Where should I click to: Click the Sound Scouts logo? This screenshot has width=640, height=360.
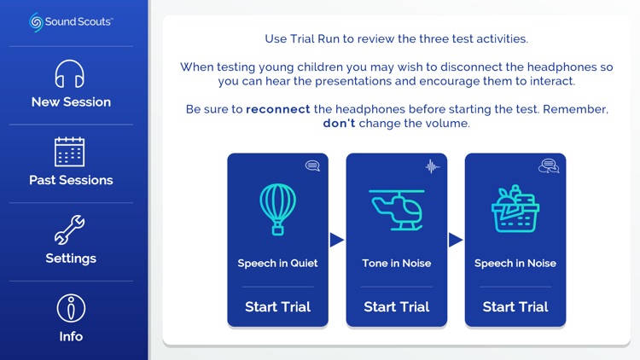[71, 21]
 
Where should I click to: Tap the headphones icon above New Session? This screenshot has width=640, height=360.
[71, 74]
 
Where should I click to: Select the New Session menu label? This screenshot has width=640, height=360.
[71, 102]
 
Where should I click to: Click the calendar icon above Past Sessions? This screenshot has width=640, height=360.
[71, 152]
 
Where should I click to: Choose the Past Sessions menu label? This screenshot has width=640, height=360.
[71, 180]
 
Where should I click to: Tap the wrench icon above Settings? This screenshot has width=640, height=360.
[71, 229]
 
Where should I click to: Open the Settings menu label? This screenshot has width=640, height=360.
[71, 258]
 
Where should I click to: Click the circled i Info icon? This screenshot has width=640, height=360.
[71, 308]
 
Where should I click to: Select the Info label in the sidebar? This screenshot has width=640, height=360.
[71, 336]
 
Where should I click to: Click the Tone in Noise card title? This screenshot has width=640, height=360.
[397, 264]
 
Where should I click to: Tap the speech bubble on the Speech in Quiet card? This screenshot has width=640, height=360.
[312, 166]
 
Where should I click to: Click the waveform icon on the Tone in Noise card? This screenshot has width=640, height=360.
[432, 166]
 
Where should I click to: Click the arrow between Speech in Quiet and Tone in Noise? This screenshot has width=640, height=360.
[337, 241]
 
